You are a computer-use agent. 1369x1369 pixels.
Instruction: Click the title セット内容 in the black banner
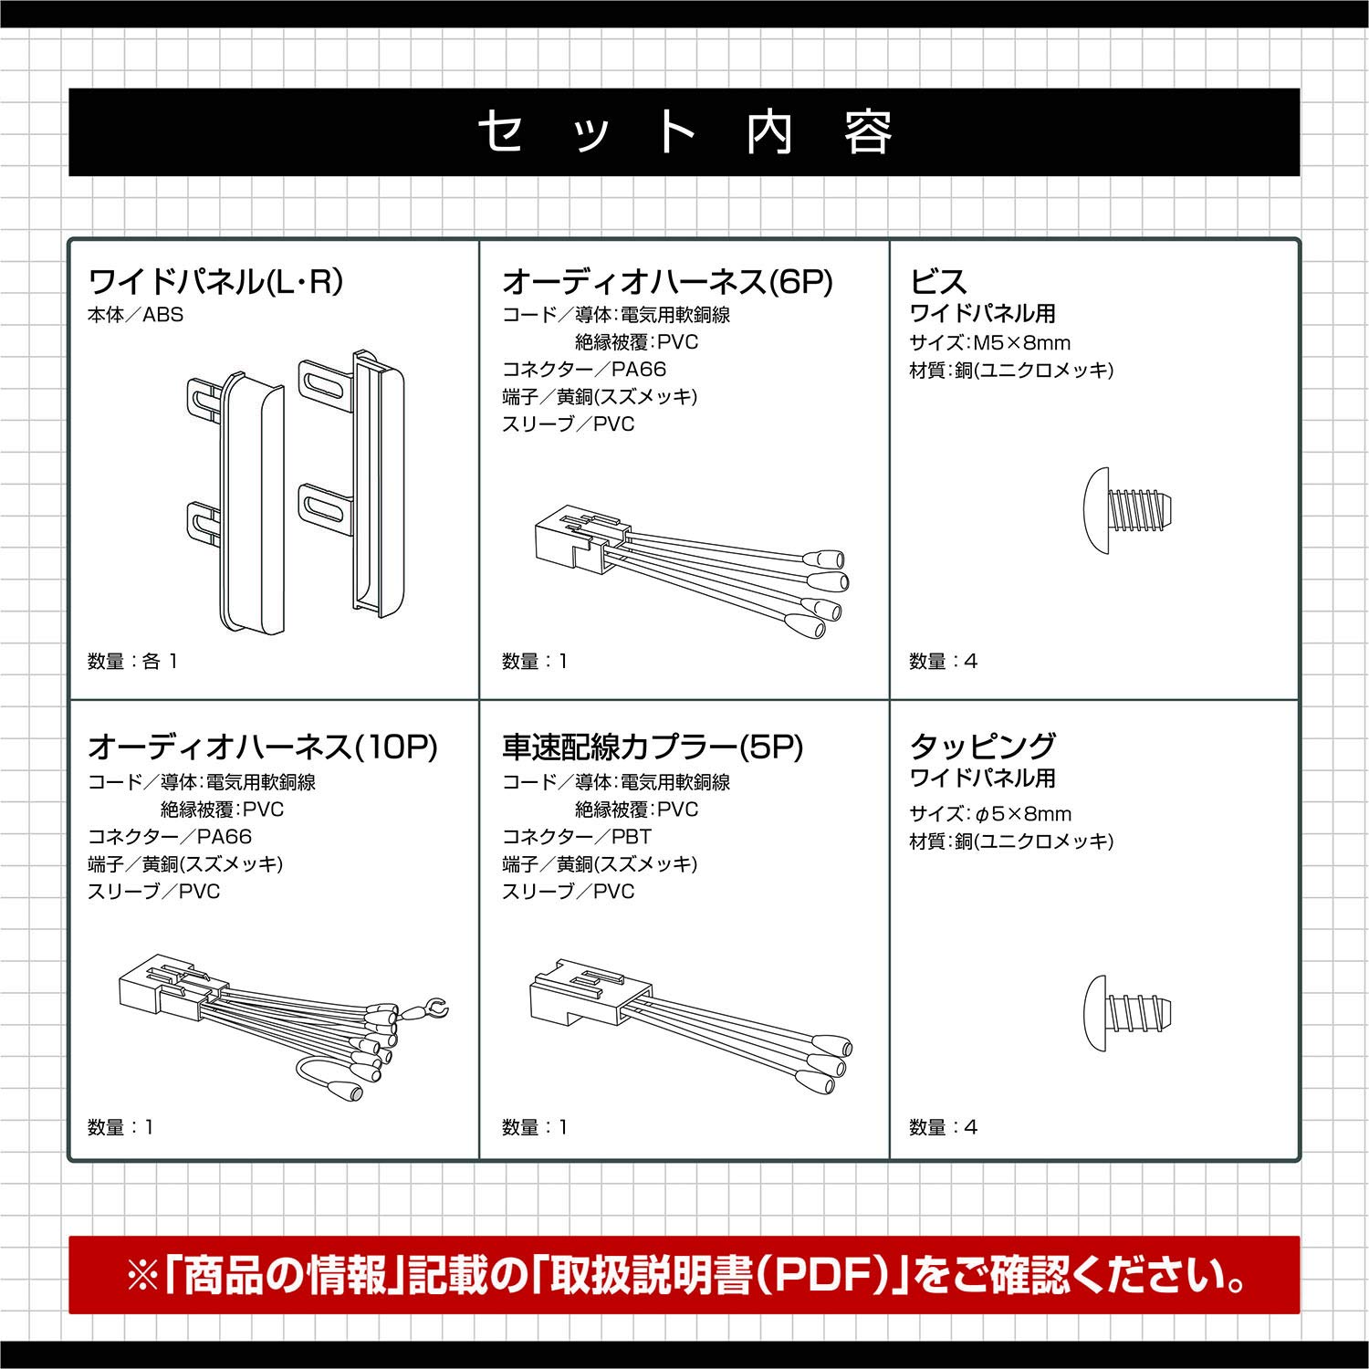684,132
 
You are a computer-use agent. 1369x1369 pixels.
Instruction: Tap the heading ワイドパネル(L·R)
215,281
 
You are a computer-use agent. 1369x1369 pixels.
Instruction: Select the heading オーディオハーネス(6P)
667,281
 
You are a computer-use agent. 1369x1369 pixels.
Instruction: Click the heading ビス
938,281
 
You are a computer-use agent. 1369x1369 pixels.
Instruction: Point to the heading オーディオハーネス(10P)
263,747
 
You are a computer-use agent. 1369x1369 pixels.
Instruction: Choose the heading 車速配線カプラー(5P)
653,747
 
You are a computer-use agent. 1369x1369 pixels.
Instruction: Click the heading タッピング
983,747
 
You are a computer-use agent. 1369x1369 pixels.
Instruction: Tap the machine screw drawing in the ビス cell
1127,511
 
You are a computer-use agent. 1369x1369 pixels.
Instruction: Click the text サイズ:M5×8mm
990,343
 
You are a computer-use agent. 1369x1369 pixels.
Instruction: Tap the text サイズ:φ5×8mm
990,814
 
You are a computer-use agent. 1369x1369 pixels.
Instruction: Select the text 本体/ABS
135,315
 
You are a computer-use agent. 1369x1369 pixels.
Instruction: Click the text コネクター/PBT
577,837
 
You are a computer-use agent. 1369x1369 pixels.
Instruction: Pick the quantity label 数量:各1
132,662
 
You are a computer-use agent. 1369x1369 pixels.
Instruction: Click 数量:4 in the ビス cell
944,662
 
